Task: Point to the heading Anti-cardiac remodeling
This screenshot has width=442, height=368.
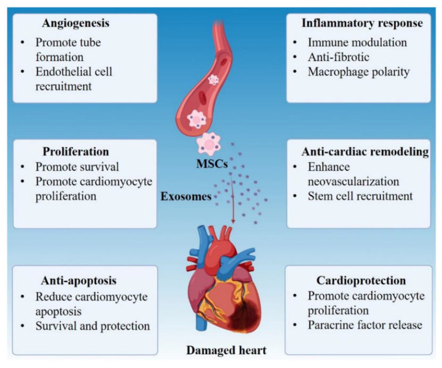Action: point(365,152)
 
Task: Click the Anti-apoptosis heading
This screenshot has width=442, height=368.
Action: point(79,280)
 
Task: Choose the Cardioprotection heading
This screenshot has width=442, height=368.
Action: point(361,280)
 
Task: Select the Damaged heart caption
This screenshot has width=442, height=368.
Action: point(226,350)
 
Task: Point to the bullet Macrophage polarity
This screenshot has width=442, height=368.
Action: point(358,71)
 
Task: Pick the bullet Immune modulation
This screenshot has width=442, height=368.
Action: point(357,41)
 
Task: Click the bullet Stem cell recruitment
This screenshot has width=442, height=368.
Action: point(360,196)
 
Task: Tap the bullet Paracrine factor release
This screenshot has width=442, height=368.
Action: point(365,324)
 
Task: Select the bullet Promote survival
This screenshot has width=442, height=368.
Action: point(77,166)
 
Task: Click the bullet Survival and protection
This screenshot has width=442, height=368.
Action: point(93,325)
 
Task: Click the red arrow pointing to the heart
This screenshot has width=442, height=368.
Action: point(233,210)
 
